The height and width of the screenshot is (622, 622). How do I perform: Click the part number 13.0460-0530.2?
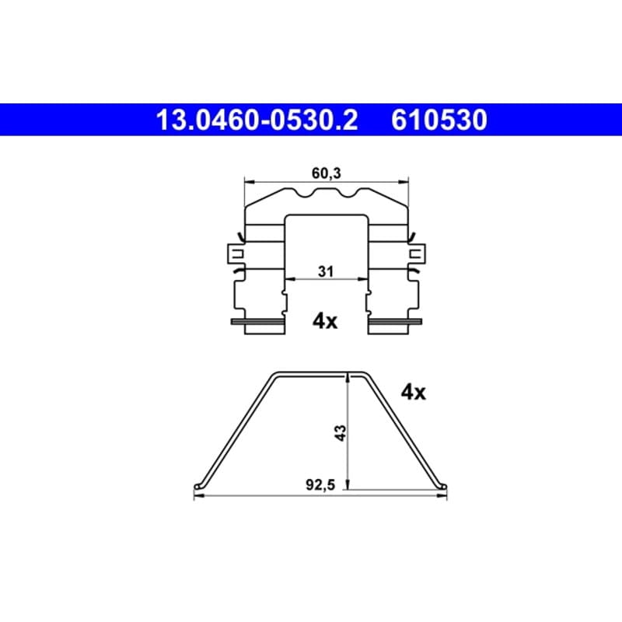257,120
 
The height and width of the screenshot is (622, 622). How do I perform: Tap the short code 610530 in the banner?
439,120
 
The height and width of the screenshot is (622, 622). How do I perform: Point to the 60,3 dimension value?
326,173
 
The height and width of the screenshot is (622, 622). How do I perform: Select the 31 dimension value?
326,271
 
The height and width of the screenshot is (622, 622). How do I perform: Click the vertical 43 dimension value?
341,433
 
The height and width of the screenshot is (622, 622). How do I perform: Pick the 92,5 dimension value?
320,484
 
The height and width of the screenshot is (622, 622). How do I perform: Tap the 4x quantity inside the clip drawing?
325,321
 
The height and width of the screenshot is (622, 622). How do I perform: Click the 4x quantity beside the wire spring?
414,393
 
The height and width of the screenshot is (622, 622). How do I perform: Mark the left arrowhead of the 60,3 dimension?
250,182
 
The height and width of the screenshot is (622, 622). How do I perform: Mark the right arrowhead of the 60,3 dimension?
404,182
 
